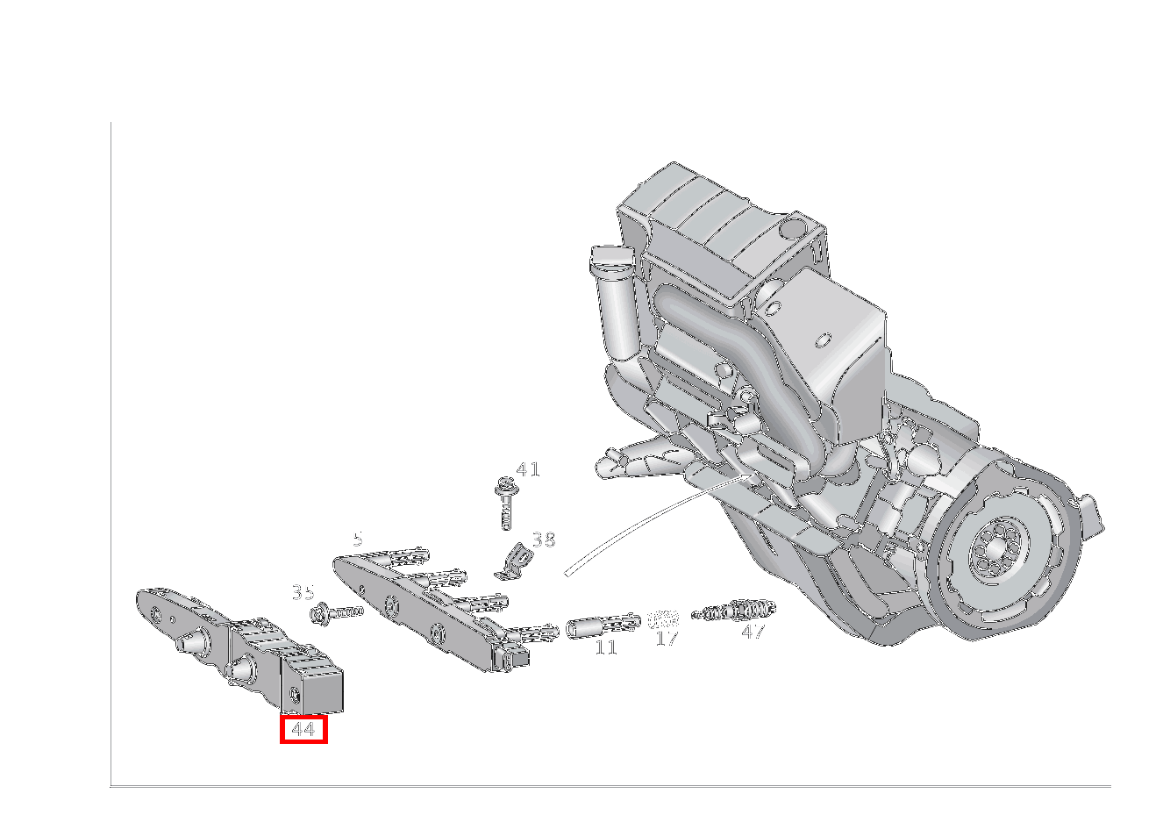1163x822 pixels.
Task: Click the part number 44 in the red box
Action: [x=303, y=729]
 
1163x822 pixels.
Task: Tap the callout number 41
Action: [x=527, y=470]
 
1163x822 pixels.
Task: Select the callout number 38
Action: [x=544, y=540]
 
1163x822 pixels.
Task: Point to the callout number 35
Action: [x=303, y=593]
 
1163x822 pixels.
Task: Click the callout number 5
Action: [x=357, y=539]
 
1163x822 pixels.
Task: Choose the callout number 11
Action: [x=606, y=648]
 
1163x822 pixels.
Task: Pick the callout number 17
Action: [x=667, y=639]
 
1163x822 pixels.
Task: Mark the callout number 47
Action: [x=753, y=632]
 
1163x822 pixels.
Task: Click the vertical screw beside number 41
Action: [x=505, y=505]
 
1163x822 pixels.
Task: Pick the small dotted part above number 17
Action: [x=664, y=619]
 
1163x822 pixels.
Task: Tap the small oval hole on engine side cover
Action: [x=823, y=340]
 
